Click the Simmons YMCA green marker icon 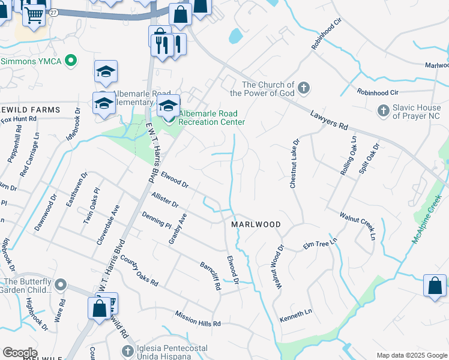pyautogui.click(x=71, y=61)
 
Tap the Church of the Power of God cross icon pyautogui.click(x=304, y=89)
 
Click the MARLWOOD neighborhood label pyautogui.click(x=256, y=224)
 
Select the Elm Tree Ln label pyautogui.click(x=318, y=245)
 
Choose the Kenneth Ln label pyautogui.click(x=296, y=313)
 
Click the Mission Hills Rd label pyautogui.click(x=198, y=319)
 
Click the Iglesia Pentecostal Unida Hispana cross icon pyautogui.click(x=127, y=351)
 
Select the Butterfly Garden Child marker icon pyautogui.click(x=61, y=284)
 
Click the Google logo pyautogui.click(x=20, y=353)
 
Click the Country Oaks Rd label pyautogui.click(x=139, y=270)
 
